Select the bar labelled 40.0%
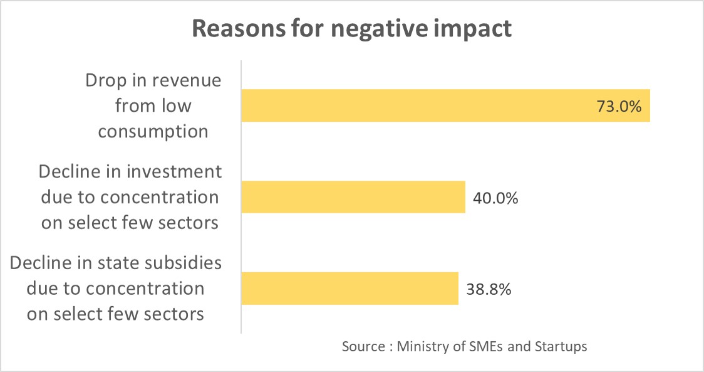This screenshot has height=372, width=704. click(x=353, y=197)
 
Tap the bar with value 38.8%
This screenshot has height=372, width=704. click(x=349, y=289)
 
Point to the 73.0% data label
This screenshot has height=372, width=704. click(x=619, y=106)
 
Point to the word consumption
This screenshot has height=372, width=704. click(x=153, y=131)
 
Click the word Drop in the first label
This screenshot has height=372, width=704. click(x=103, y=81)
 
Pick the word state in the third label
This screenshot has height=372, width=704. click(x=122, y=262)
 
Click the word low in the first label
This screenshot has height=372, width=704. click(x=178, y=106)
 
